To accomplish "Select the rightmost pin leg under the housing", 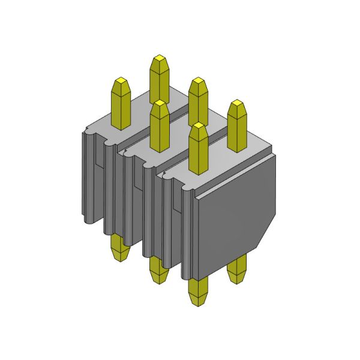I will [238, 268].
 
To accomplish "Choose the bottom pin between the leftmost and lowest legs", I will [157, 270].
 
